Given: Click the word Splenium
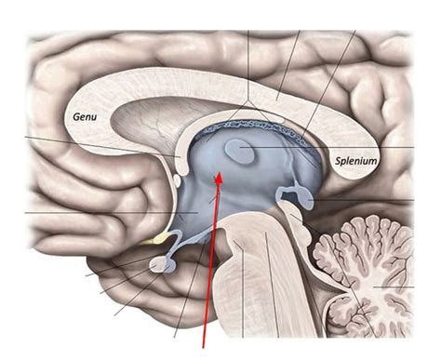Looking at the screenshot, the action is [x=355, y=161].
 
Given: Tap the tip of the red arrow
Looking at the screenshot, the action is [x=220, y=174].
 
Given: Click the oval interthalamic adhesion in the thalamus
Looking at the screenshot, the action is [x=241, y=150].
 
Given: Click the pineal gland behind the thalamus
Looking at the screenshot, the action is [x=302, y=195].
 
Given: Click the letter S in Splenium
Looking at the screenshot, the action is [x=338, y=161].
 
